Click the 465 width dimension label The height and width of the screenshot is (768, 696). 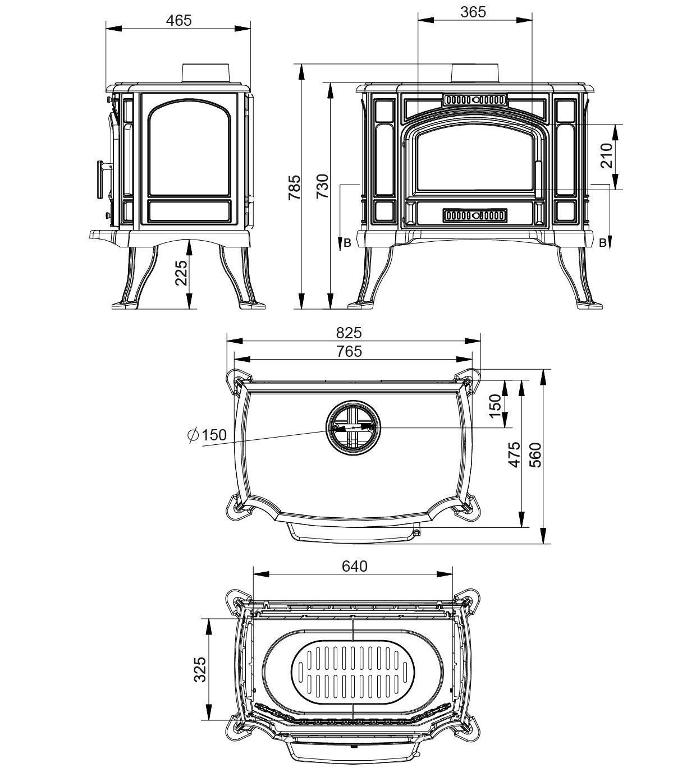(x=178, y=20)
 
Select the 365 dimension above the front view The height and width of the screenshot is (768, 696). (x=473, y=12)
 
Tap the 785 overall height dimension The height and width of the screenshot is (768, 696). (x=294, y=187)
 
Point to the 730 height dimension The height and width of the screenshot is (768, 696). (x=323, y=187)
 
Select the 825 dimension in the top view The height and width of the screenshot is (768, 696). (x=349, y=333)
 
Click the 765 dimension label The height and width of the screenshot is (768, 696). (x=349, y=352)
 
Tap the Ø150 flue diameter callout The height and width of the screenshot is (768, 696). (x=207, y=435)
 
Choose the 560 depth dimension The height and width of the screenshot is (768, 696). (x=535, y=455)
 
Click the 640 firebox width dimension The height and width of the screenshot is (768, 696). (x=354, y=566)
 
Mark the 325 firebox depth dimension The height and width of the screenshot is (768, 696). (x=200, y=669)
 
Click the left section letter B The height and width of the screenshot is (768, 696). (x=347, y=243)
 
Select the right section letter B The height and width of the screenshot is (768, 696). (x=602, y=243)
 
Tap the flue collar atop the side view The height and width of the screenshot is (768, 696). (x=205, y=73)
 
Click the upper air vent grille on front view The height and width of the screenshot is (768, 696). (x=475, y=100)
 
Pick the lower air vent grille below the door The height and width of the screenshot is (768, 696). (x=475, y=215)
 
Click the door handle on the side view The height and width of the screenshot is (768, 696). (x=102, y=180)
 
